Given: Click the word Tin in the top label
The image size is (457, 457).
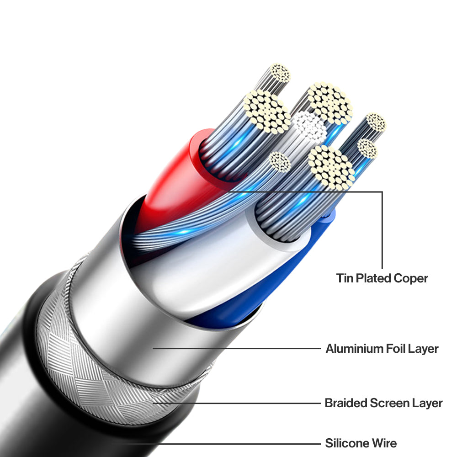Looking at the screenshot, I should [x=344, y=278].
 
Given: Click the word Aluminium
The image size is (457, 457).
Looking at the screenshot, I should [x=354, y=349].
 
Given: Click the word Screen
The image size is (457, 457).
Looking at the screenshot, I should [x=387, y=403].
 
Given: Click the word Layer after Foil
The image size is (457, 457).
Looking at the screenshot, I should [x=425, y=349].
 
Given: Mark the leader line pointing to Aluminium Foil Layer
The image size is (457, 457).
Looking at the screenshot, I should [x=238, y=349].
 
